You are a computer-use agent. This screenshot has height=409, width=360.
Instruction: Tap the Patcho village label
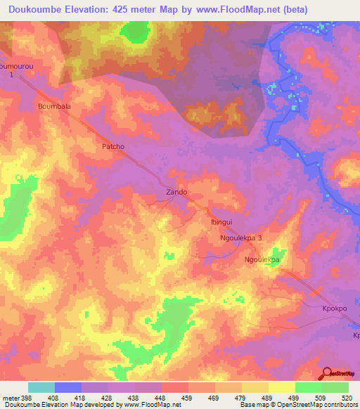click(x=112, y=147)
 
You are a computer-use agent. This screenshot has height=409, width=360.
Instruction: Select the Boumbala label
click(x=54, y=106)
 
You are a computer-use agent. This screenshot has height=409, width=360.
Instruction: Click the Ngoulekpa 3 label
click(x=241, y=238)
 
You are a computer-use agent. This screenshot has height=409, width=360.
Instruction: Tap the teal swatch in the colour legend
click(x=41, y=387)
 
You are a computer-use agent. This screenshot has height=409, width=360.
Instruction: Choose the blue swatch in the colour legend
click(x=68, y=387)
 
